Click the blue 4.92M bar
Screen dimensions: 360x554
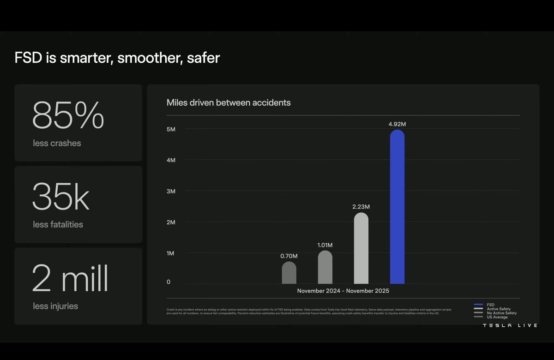click(397, 208)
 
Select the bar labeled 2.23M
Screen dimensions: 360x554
click(361, 249)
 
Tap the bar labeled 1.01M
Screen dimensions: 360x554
click(325, 268)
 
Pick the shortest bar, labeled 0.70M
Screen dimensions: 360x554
click(289, 273)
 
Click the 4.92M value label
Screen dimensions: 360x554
click(397, 124)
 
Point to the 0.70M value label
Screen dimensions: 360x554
click(289, 256)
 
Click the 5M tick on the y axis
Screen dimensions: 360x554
click(171, 129)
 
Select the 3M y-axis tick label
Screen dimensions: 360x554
click(171, 191)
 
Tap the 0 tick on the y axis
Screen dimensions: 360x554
click(169, 282)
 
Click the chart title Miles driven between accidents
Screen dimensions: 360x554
click(229, 102)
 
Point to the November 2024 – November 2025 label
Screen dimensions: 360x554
click(343, 291)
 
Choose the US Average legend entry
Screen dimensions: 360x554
click(497, 317)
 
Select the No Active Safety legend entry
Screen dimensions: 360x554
click(501, 313)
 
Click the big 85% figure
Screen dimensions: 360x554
click(68, 116)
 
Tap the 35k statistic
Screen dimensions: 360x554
click(60, 198)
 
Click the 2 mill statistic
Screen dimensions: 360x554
click(70, 279)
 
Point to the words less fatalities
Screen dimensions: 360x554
click(58, 225)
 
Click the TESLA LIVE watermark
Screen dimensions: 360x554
click(510, 326)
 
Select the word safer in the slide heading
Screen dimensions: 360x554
click(204, 58)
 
